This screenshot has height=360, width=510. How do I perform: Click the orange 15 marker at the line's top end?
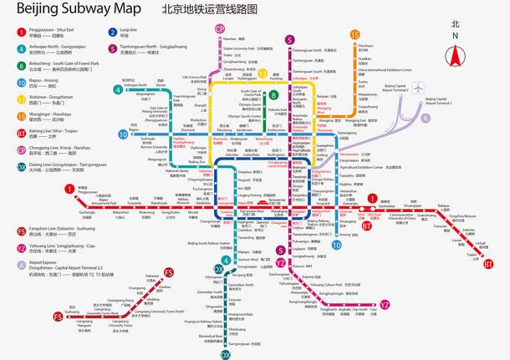pos(355,34)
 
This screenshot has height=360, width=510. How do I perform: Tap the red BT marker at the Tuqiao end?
pos(488,264)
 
